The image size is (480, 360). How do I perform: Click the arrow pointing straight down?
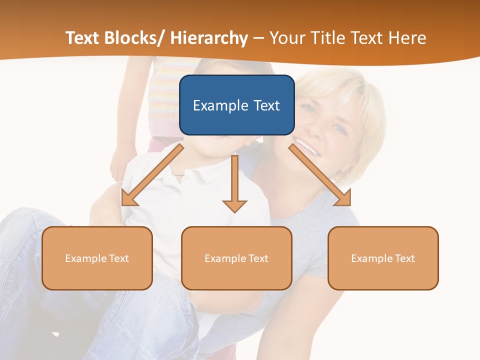(234, 185)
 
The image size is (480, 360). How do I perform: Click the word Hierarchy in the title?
(209, 38)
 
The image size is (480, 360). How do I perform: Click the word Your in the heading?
(286, 38)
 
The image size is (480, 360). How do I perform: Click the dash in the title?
(258, 38)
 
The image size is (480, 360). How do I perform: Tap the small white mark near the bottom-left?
(55, 333)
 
